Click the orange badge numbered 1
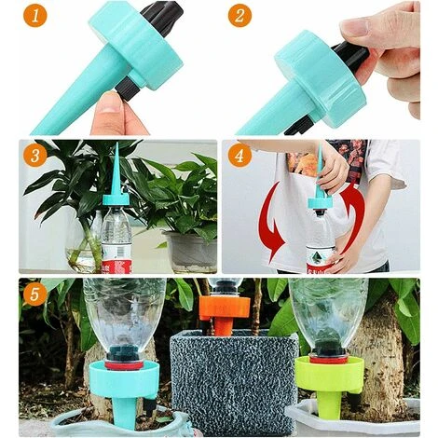[34, 16]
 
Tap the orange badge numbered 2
[240, 16]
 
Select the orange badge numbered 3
[34, 156]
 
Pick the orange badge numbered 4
[240, 156]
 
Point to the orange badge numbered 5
[34, 294]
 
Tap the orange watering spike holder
[225, 314]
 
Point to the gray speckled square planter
[234, 382]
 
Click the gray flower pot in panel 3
[190, 252]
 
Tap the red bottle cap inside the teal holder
[124, 365]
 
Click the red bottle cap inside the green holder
[329, 360]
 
